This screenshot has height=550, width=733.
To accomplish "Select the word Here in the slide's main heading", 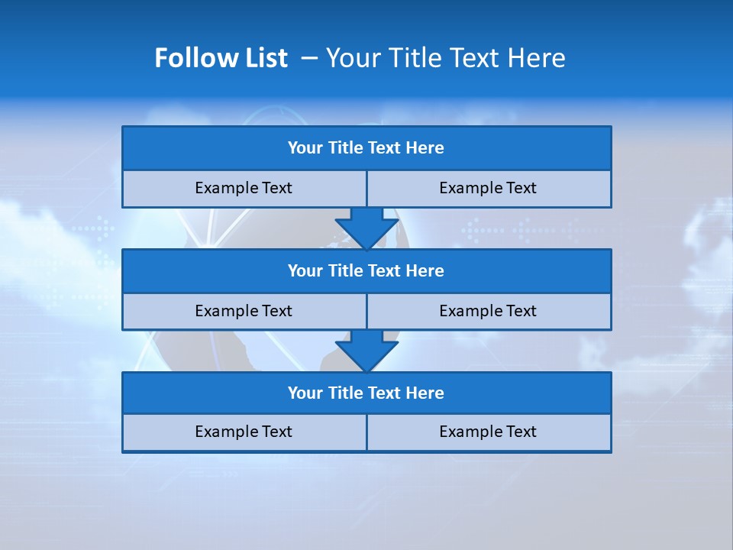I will pos(538,58).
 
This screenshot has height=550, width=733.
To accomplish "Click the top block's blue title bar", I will pos(366,148).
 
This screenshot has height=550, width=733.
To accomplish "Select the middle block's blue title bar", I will pos(366,271).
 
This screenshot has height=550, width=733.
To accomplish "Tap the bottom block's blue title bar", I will pos(366,393).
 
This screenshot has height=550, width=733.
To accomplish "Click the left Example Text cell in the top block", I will pos(244,189).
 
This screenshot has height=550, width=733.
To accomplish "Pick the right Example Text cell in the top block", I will pos(489,189).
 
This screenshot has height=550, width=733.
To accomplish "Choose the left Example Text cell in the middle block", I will pos(244,311).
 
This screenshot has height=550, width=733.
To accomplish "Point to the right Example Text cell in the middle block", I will pos(489,311).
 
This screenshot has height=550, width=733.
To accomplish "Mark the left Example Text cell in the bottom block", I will pos(244,432).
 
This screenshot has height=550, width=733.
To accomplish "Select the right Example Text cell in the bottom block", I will pos(489,432).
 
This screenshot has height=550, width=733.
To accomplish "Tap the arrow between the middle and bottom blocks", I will pos(366,351).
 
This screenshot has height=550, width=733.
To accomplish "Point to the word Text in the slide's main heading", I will pos(473,58).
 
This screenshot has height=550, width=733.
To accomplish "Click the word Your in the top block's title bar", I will pos(305,148).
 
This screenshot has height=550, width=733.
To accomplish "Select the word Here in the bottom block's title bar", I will pos(425,393).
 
